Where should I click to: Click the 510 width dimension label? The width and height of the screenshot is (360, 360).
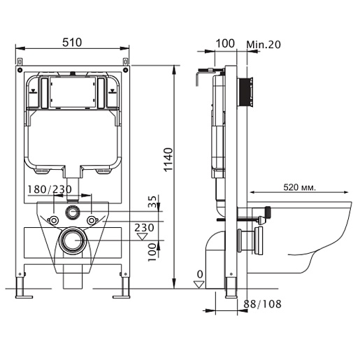click(72, 43)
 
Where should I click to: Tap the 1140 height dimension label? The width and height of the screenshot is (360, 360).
click(168, 159)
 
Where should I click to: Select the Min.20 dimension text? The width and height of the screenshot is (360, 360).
click(264, 44)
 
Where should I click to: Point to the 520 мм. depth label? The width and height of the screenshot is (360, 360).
click(299, 187)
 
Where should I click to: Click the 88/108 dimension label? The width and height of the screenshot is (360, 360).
click(262, 304)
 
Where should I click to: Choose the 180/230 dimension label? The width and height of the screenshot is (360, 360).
click(50, 189)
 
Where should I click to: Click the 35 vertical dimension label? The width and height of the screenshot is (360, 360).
click(152, 202)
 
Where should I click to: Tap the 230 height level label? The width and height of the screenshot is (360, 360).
click(144, 228)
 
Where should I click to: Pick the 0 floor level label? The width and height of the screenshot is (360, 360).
click(200, 275)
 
